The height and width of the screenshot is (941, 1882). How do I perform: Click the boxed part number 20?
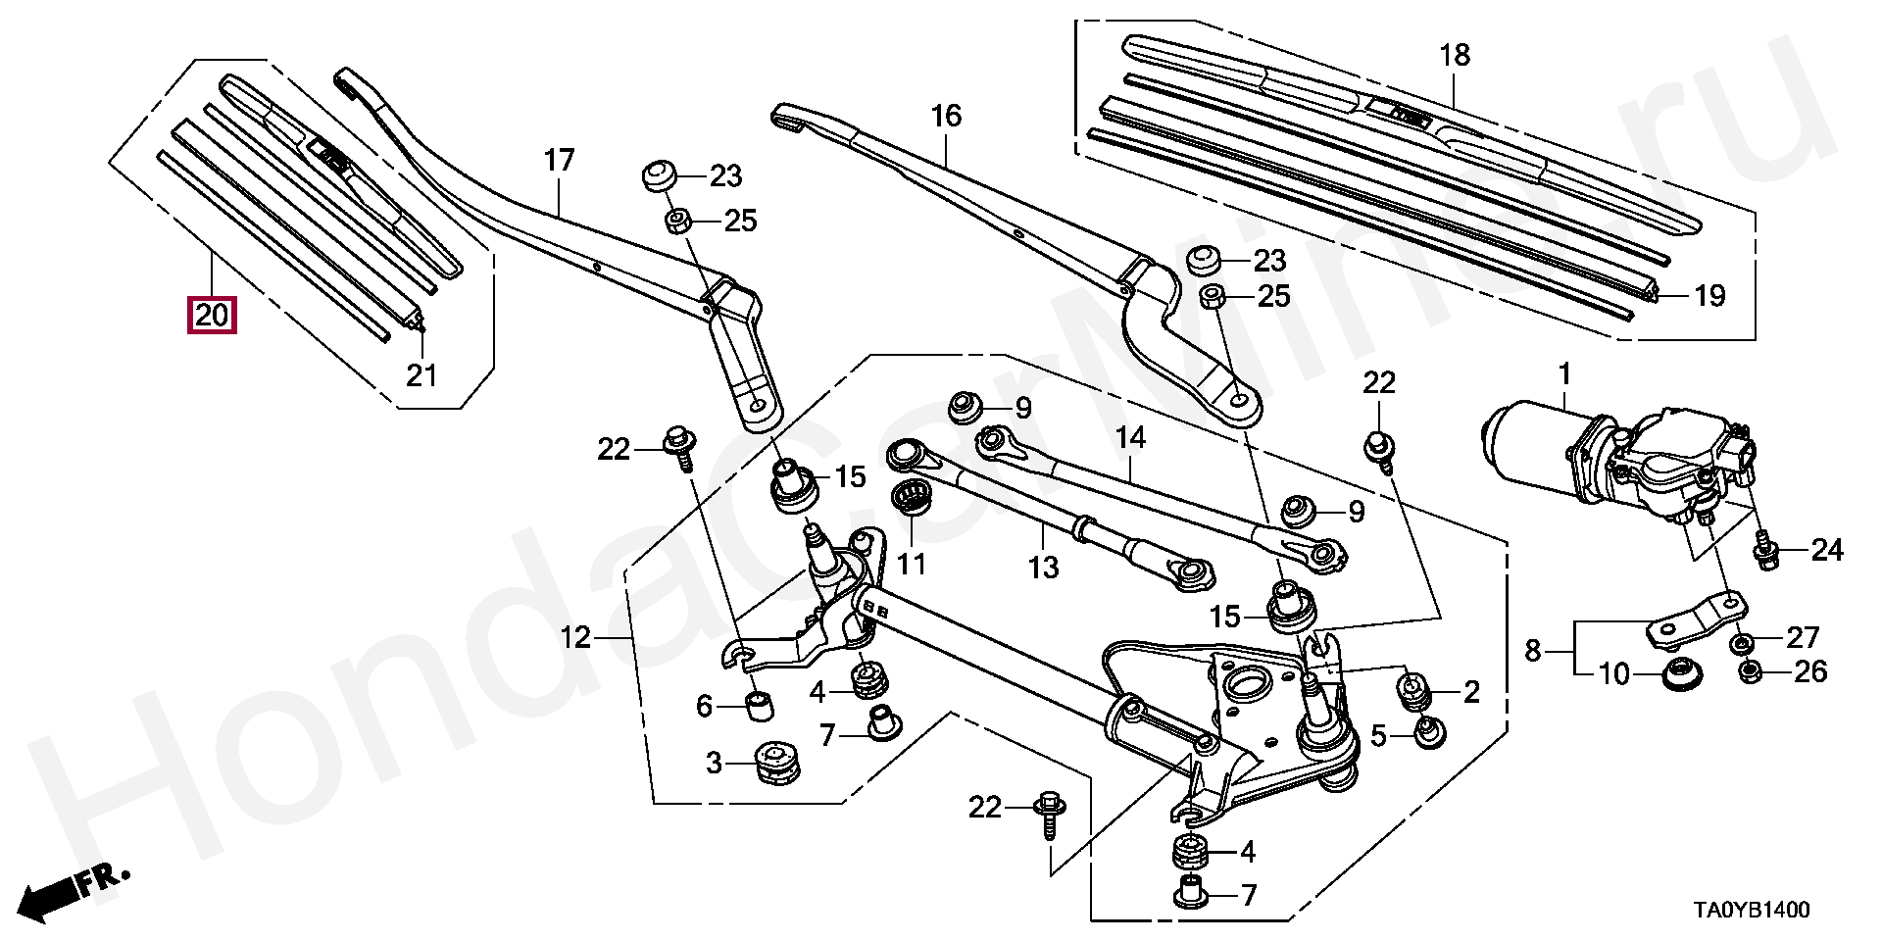click(x=212, y=316)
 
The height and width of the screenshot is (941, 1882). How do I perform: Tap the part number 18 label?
click(x=1455, y=55)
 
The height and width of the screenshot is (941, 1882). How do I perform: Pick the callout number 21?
click(x=421, y=374)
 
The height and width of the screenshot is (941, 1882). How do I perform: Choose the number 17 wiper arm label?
click(x=559, y=161)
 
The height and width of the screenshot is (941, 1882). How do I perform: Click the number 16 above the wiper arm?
click(x=946, y=118)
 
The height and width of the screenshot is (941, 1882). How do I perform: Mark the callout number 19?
click(x=1709, y=295)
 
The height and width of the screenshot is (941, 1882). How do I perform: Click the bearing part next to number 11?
click(x=913, y=500)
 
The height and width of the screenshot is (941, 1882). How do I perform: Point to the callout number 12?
click(x=575, y=638)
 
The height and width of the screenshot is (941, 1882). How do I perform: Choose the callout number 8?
click(x=1533, y=649)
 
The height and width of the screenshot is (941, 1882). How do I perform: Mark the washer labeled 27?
click(x=1742, y=643)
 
